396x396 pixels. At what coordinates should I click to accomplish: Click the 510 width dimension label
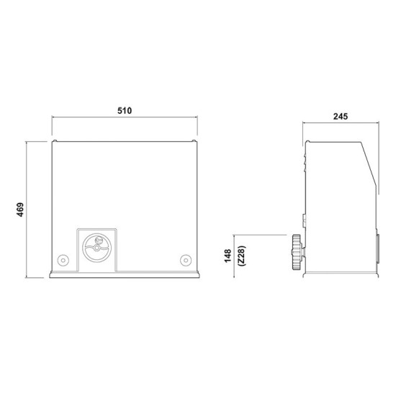125,111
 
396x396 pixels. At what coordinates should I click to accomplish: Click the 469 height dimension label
20,210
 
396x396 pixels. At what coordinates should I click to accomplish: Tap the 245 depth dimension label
341,117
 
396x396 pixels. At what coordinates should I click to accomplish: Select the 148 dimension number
228,256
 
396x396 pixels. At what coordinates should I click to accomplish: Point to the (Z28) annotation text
242,256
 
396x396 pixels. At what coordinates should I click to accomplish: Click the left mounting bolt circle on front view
63,260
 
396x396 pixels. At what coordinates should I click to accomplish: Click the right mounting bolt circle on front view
186,260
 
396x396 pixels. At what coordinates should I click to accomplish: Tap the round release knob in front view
96,248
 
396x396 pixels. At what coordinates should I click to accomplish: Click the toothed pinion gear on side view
297,252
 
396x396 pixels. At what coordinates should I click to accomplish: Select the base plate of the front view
125,274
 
